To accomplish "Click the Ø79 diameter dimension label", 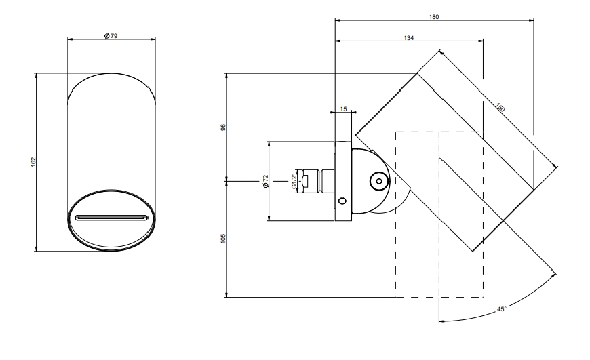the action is pyautogui.click(x=111, y=36).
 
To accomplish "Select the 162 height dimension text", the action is pyautogui.click(x=33, y=162).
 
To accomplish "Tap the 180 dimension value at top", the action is pyautogui.click(x=434, y=16).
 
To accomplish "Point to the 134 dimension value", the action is pyautogui.click(x=409, y=37).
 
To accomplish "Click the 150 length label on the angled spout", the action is pyautogui.click(x=500, y=108).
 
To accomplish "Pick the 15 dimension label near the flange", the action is pyautogui.click(x=343, y=109).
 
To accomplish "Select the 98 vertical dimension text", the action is pyautogui.click(x=223, y=127).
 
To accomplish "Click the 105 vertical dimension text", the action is pyautogui.click(x=223, y=239).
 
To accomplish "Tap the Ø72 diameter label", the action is pyautogui.click(x=266, y=181).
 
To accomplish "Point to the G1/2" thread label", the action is pyautogui.click(x=294, y=181).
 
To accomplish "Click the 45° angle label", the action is pyautogui.click(x=502, y=309).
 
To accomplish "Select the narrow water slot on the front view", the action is pyautogui.click(x=111, y=218).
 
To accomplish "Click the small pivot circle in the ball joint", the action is pyautogui.click(x=379, y=181).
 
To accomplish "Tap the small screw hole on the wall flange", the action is pyautogui.click(x=342, y=201).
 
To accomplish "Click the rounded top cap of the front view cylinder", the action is pyautogui.click(x=111, y=74).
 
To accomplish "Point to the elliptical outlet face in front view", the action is pyautogui.click(x=111, y=220).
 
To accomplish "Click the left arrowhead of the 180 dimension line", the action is pyautogui.click(x=338, y=20).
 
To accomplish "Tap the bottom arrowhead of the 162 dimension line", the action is pyautogui.click(x=37, y=249).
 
